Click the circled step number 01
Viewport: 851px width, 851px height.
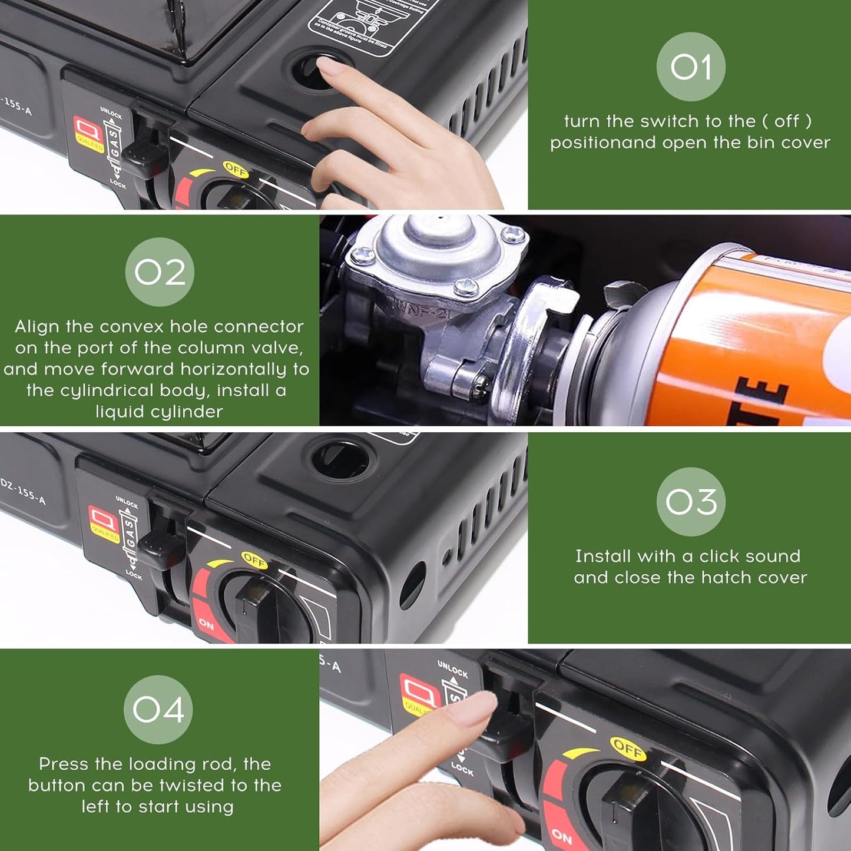tap(690, 67)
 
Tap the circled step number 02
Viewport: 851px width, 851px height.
tap(159, 272)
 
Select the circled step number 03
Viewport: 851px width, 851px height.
tap(690, 502)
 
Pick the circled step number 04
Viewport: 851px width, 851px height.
tap(158, 709)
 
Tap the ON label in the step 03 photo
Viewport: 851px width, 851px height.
tap(206, 623)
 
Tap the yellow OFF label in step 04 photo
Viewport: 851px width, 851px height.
tap(627, 749)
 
